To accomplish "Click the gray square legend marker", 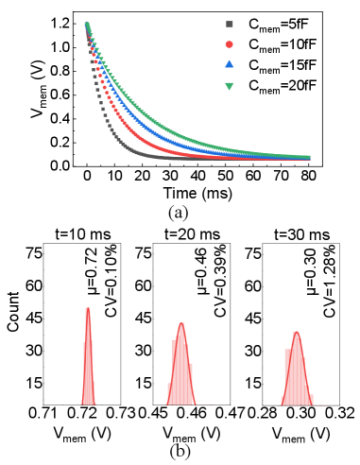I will click(x=229, y=25).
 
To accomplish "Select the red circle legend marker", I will click(x=229, y=44).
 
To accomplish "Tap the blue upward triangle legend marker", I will click(x=229, y=64).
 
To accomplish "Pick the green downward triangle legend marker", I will click(x=229, y=86).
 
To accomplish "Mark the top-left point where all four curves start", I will click(x=87, y=25).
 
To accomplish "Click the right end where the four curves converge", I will click(x=307, y=158).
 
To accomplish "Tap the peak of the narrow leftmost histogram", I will click(x=88, y=309).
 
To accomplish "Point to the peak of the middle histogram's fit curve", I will click(x=181, y=324).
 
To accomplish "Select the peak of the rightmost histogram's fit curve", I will click(x=297, y=333).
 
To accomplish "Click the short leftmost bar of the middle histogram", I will click(x=169, y=393).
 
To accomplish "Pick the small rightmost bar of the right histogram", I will click(x=311, y=400).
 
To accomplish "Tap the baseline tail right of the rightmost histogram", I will click(x=321, y=405).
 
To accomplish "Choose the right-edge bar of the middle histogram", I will click(x=191, y=385).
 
